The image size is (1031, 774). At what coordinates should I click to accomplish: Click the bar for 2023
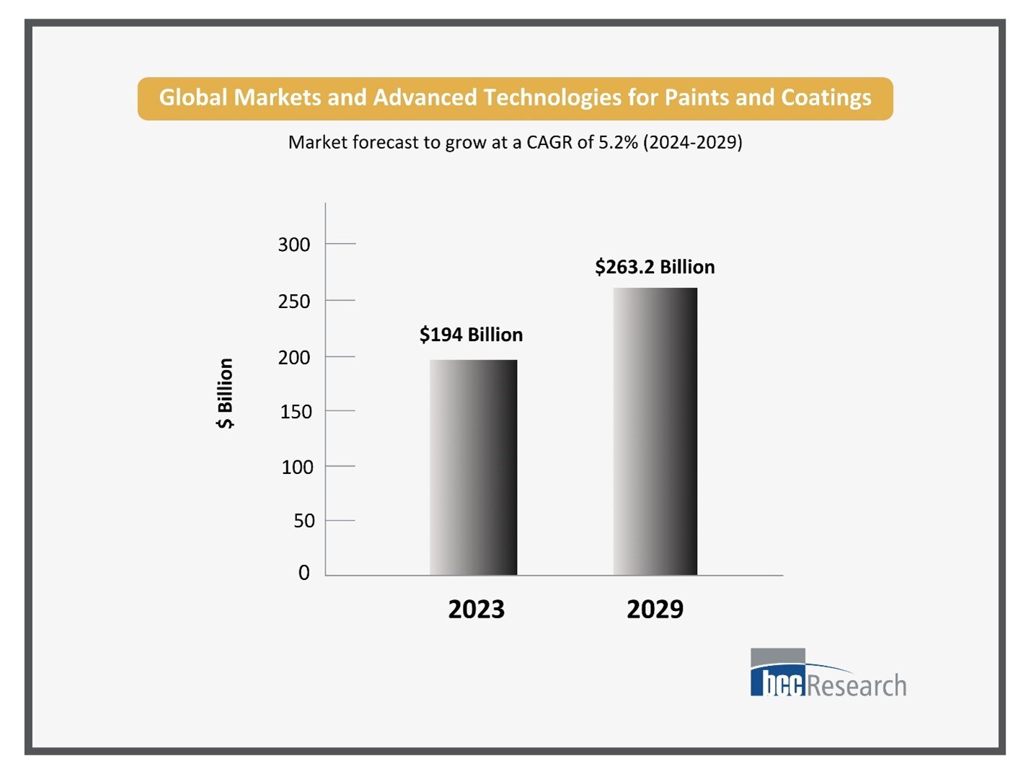(x=473, y=467)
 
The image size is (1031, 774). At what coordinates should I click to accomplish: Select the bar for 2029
(x=655, y=431)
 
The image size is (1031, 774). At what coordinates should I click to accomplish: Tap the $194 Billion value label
(x=471, y=335)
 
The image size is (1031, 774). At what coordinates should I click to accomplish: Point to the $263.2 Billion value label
(x=655, y=267)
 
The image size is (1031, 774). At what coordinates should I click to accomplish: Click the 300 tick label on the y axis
(x=294, y=245)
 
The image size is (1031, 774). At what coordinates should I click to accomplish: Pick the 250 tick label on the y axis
(x=294, y=302)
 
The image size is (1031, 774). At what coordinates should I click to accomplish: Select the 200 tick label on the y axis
(x=294, y=358)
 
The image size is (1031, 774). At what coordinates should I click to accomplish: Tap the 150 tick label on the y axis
(x=296, y=412)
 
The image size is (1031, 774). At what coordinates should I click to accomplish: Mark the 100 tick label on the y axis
(x=297, y=467)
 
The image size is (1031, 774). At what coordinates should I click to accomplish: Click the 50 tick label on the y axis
(x=304, y=521)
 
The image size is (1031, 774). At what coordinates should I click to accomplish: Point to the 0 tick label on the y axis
(x=304, y=573)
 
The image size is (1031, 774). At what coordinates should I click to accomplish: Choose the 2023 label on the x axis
(x=476, y=610)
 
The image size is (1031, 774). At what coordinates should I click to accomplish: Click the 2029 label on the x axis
(x=655, y=610)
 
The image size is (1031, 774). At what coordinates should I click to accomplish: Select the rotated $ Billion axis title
(x=225, y=394)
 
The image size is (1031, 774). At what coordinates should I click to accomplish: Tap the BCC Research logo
(x=828, y=674)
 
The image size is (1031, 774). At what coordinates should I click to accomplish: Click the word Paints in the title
(x=696, y=97)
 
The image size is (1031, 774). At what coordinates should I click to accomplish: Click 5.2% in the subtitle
(x=618, y=142)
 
